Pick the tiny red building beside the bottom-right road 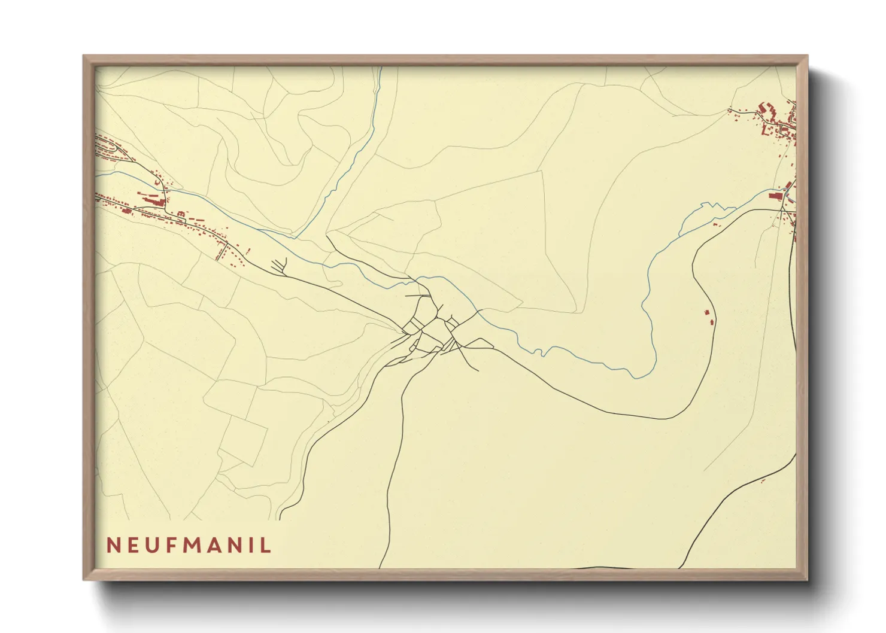pyautogui.click(x=763, y=480)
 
